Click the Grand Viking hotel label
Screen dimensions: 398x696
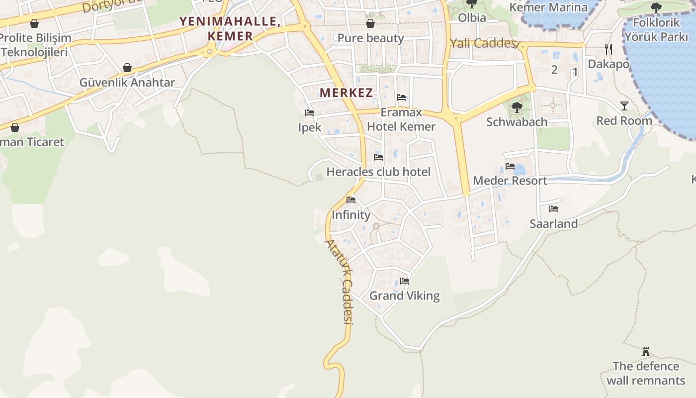click(x=404, y=296)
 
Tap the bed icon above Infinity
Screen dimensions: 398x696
click(x=351, y=200)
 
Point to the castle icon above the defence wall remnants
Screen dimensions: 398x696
click(x=646, y=352)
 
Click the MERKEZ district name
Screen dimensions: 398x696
click(x=346, y=93)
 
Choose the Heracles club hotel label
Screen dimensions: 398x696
click(x=378, y=172)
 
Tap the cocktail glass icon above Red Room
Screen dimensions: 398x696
click(x=624, y=105)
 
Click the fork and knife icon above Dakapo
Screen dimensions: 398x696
click(x=608, y=49)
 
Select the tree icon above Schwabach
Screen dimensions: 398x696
click(x=517, y=106)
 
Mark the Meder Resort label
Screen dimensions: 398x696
click(x=510, y=181)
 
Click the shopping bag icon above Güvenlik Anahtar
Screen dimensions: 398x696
click(x=127, y=68)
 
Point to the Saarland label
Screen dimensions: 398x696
click(x=553, y=224)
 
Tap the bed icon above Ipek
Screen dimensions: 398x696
click(x=310, y=113)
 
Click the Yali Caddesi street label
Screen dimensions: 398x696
click(x=482, y=43)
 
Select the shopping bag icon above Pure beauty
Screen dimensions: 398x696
click(x=370, y=23)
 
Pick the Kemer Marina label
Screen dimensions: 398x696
click(x=548, y=7)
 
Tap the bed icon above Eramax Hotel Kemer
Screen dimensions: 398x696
click(x=401, y=97)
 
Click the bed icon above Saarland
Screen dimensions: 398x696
click(x=554, y=209)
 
